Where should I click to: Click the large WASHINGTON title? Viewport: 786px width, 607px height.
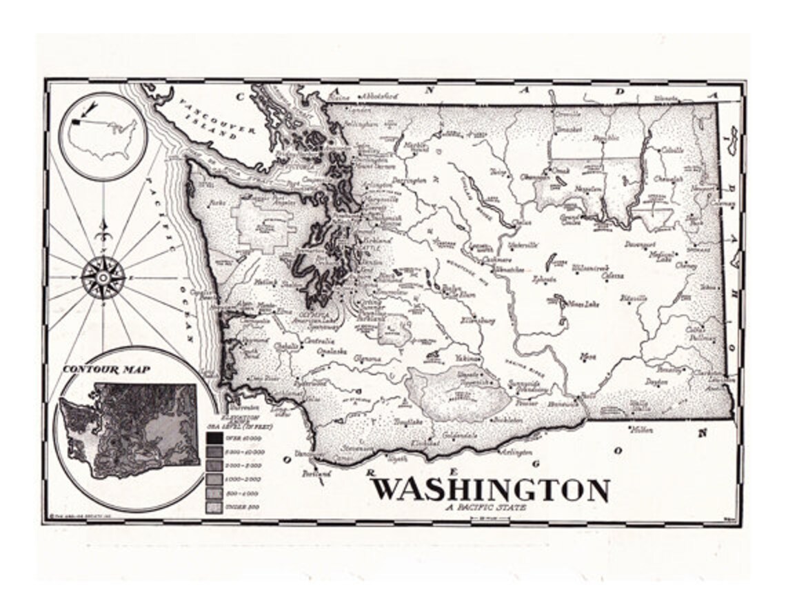click(491, 490)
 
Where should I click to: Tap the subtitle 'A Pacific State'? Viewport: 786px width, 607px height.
click(485, 508)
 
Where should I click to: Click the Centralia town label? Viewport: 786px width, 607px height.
click(321, 341)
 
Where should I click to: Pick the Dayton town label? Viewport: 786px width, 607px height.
click(656, 381)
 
